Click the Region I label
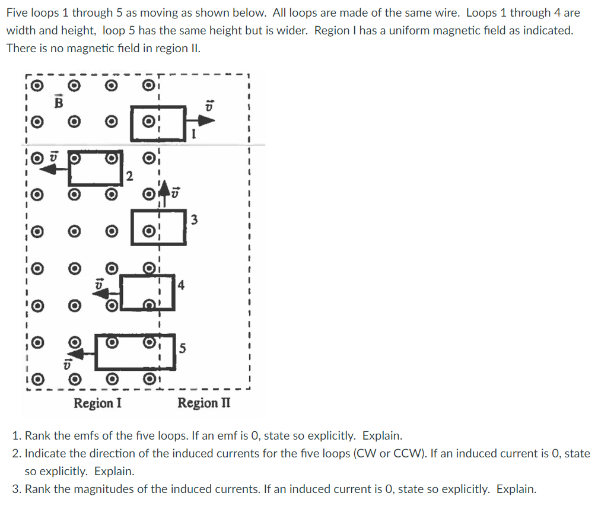[x=98, y=403]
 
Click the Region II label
[x=204, y=403]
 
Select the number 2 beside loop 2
[x=130, y=176]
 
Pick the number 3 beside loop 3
[x=194, y=221]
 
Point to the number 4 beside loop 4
[x=181, y=285]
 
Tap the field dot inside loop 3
[x=151, y=231]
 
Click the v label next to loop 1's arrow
[x=208, y=104]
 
